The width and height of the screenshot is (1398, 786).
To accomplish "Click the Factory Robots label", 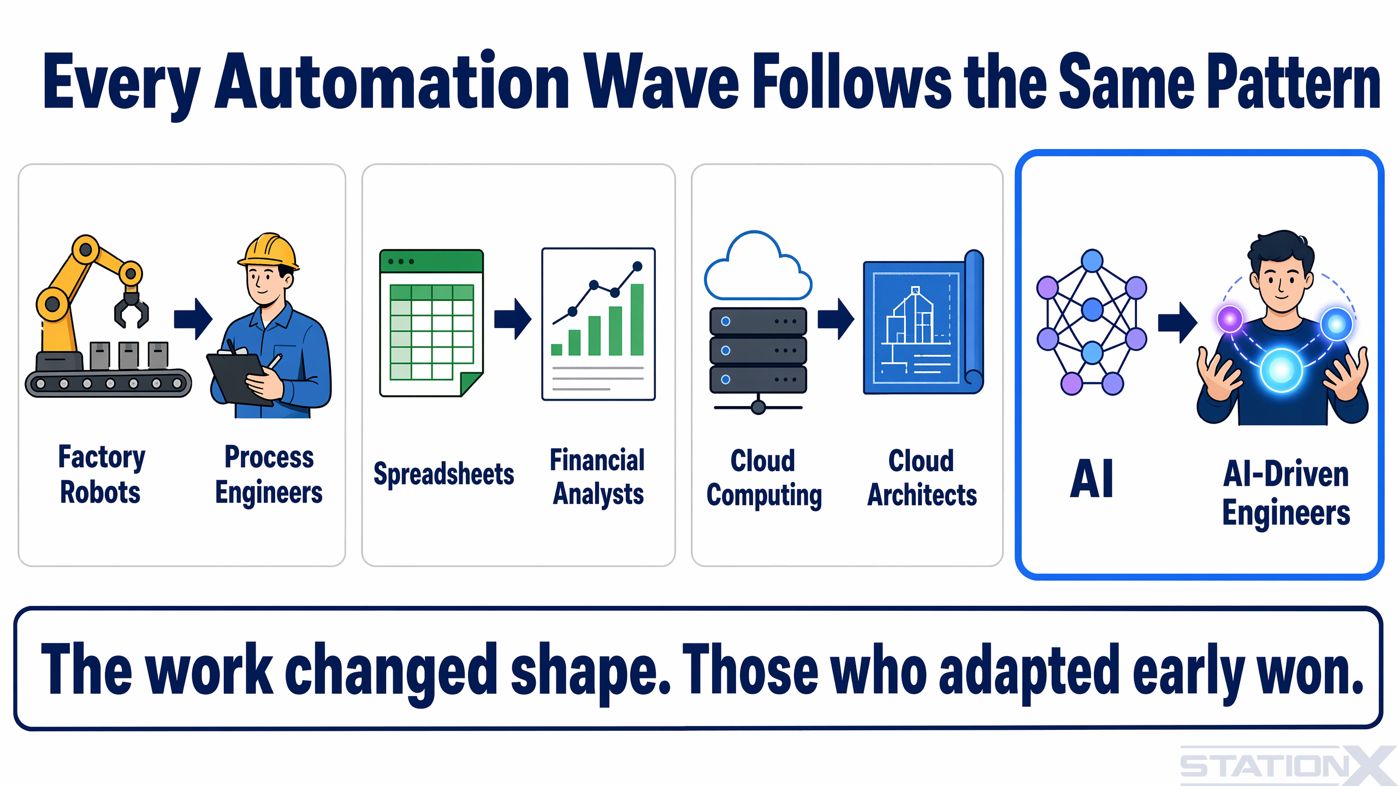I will [101, 474].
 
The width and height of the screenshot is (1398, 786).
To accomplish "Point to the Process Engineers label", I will [269, 474].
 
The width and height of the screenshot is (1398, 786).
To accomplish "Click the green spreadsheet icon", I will [431, 323].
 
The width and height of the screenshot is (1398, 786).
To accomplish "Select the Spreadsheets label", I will [443, 474].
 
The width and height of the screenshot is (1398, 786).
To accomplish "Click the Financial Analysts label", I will [597, 477].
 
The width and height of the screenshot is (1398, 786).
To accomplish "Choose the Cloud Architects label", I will [922, 478].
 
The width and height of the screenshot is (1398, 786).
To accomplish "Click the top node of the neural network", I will [1092, 261].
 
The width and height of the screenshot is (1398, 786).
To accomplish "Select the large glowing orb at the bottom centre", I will [1281, 371].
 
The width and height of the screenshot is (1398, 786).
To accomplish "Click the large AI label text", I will [1092, 479].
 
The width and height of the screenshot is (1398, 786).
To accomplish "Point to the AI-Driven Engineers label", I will [1286, 493].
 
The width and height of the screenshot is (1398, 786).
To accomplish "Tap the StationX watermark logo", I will [1286, 765].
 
